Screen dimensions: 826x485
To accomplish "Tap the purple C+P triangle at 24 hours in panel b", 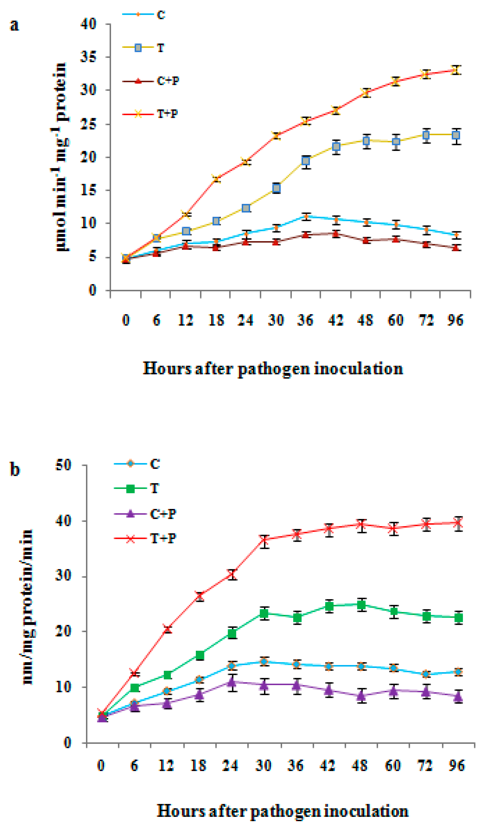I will [x=232, y=682].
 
